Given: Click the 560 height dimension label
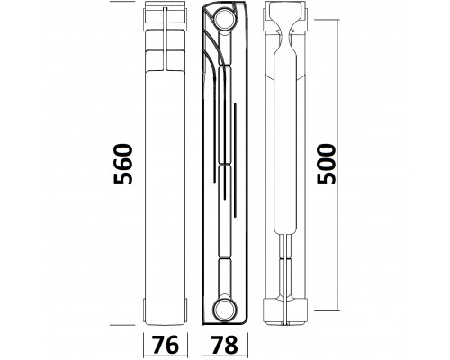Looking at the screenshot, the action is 122,164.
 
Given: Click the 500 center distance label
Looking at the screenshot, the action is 326,164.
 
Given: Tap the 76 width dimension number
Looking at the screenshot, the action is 166,345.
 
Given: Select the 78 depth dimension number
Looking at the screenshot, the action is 224,345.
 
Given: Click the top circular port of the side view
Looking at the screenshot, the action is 225,19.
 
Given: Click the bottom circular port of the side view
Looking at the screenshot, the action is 225,308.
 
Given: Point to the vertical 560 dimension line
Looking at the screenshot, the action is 112,163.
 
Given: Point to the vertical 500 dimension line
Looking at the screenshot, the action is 338,165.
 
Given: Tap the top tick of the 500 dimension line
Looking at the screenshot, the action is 327,20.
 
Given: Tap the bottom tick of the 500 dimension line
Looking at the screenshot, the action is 327,310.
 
